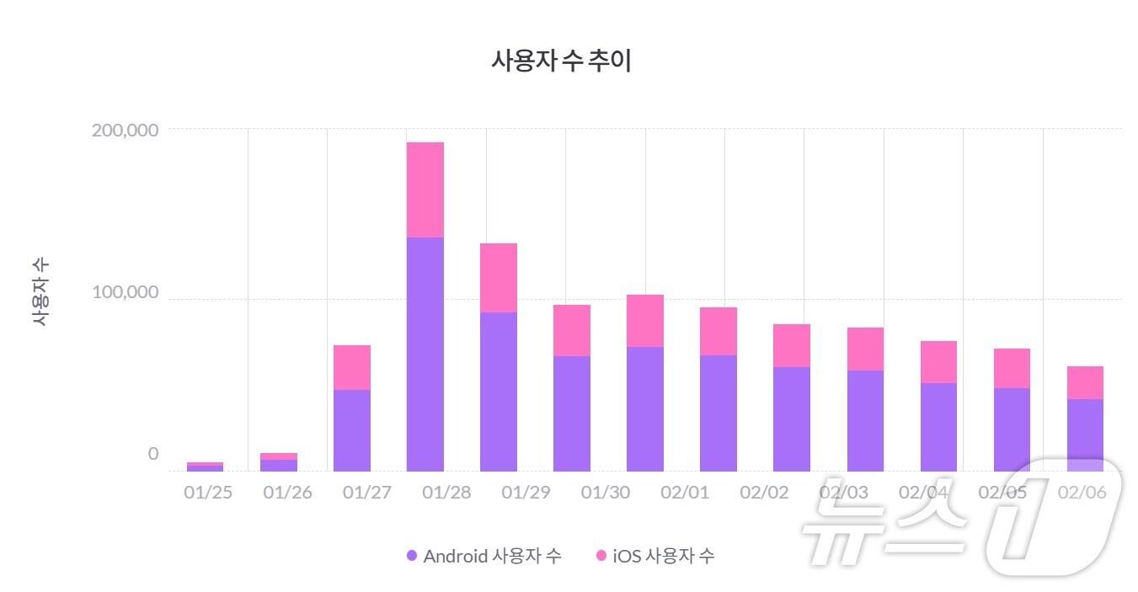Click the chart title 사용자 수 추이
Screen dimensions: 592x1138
pyautogui.click(x=561, y=61)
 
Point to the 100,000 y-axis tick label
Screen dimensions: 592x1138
pyautogui.click(x=124, y=292)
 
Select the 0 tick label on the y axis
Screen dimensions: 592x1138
pyautogui.click(x=152, y=454)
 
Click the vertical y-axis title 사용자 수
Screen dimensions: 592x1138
pyautogui.click(x=40, y=291)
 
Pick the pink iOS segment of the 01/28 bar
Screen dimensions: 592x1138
pyautogui.click(x=425, y=189)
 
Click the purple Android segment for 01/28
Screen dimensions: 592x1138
pyautogui.click(x=425, y=354)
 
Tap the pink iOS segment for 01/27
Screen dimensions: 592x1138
pyautogui.click(x=351, y=367)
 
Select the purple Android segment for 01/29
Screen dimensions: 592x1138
pyautogui.click(x=498, y=392)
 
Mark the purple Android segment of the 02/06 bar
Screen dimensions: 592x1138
pyautogui.click(x=1085, y=435)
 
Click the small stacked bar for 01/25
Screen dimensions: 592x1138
pyautogui.click(x=205, y=466)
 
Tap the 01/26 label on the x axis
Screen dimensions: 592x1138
pyautogui.click(x=287, y=493)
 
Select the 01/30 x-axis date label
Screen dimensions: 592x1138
pyautogui.click(x=605, y=493)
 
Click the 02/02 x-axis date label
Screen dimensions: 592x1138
pyautogui.click(x=764, y=493)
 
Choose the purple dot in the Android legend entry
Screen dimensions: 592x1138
pyautogui.click(x=412, y=556)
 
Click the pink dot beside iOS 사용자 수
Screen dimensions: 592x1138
pyautogui.click(x=601, y=556)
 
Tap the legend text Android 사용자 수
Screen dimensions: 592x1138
pyautogui.click(x=492, y=556)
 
